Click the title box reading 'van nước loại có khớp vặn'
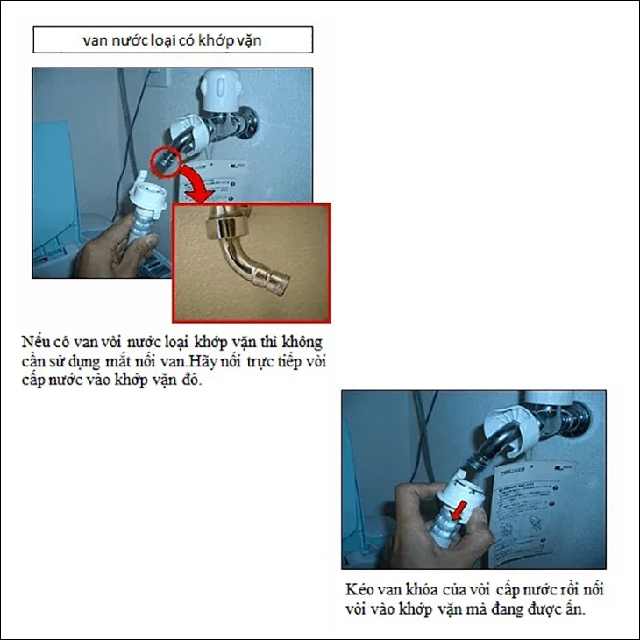click(x=172, y=40)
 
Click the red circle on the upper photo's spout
click(x=163, y=160)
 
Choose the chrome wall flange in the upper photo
click(x=249, y=123)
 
